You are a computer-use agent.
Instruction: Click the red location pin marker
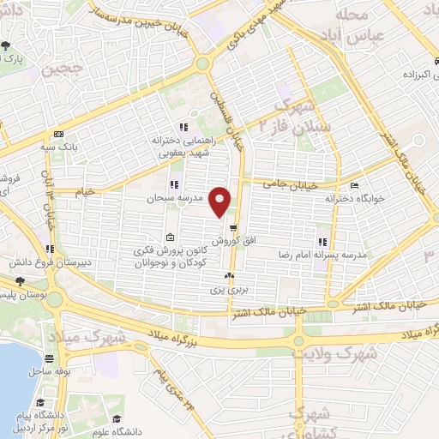pos(221,201)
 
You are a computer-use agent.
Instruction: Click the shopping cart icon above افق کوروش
pos(232,228)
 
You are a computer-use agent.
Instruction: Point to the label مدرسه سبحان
pos(193,198)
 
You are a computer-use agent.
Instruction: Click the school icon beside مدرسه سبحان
pos(174,184)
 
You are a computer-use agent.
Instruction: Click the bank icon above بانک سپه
pos(58,135)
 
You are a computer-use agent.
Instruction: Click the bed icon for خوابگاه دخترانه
pos(355,184)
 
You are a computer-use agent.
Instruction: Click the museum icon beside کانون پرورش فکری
pos(171,237)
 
